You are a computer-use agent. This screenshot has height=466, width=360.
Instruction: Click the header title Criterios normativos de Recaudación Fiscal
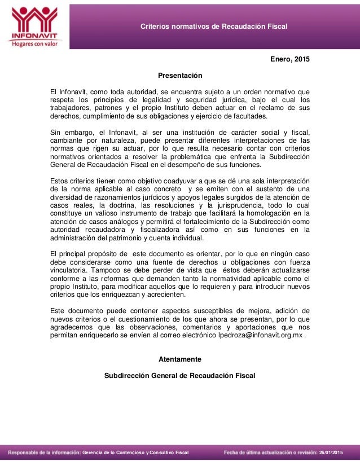click(214, 27)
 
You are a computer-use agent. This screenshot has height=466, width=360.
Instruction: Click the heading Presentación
click(179, 75)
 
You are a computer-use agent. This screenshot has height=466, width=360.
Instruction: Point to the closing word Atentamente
click(179, 359)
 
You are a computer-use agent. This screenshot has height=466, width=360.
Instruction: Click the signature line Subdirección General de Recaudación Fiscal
click(180, 375)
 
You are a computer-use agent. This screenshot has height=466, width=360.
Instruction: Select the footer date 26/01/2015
click(331, 453)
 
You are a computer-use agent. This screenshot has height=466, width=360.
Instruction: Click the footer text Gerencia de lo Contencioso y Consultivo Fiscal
click(136, 453)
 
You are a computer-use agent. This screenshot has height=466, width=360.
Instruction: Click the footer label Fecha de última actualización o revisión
click(270, 453)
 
